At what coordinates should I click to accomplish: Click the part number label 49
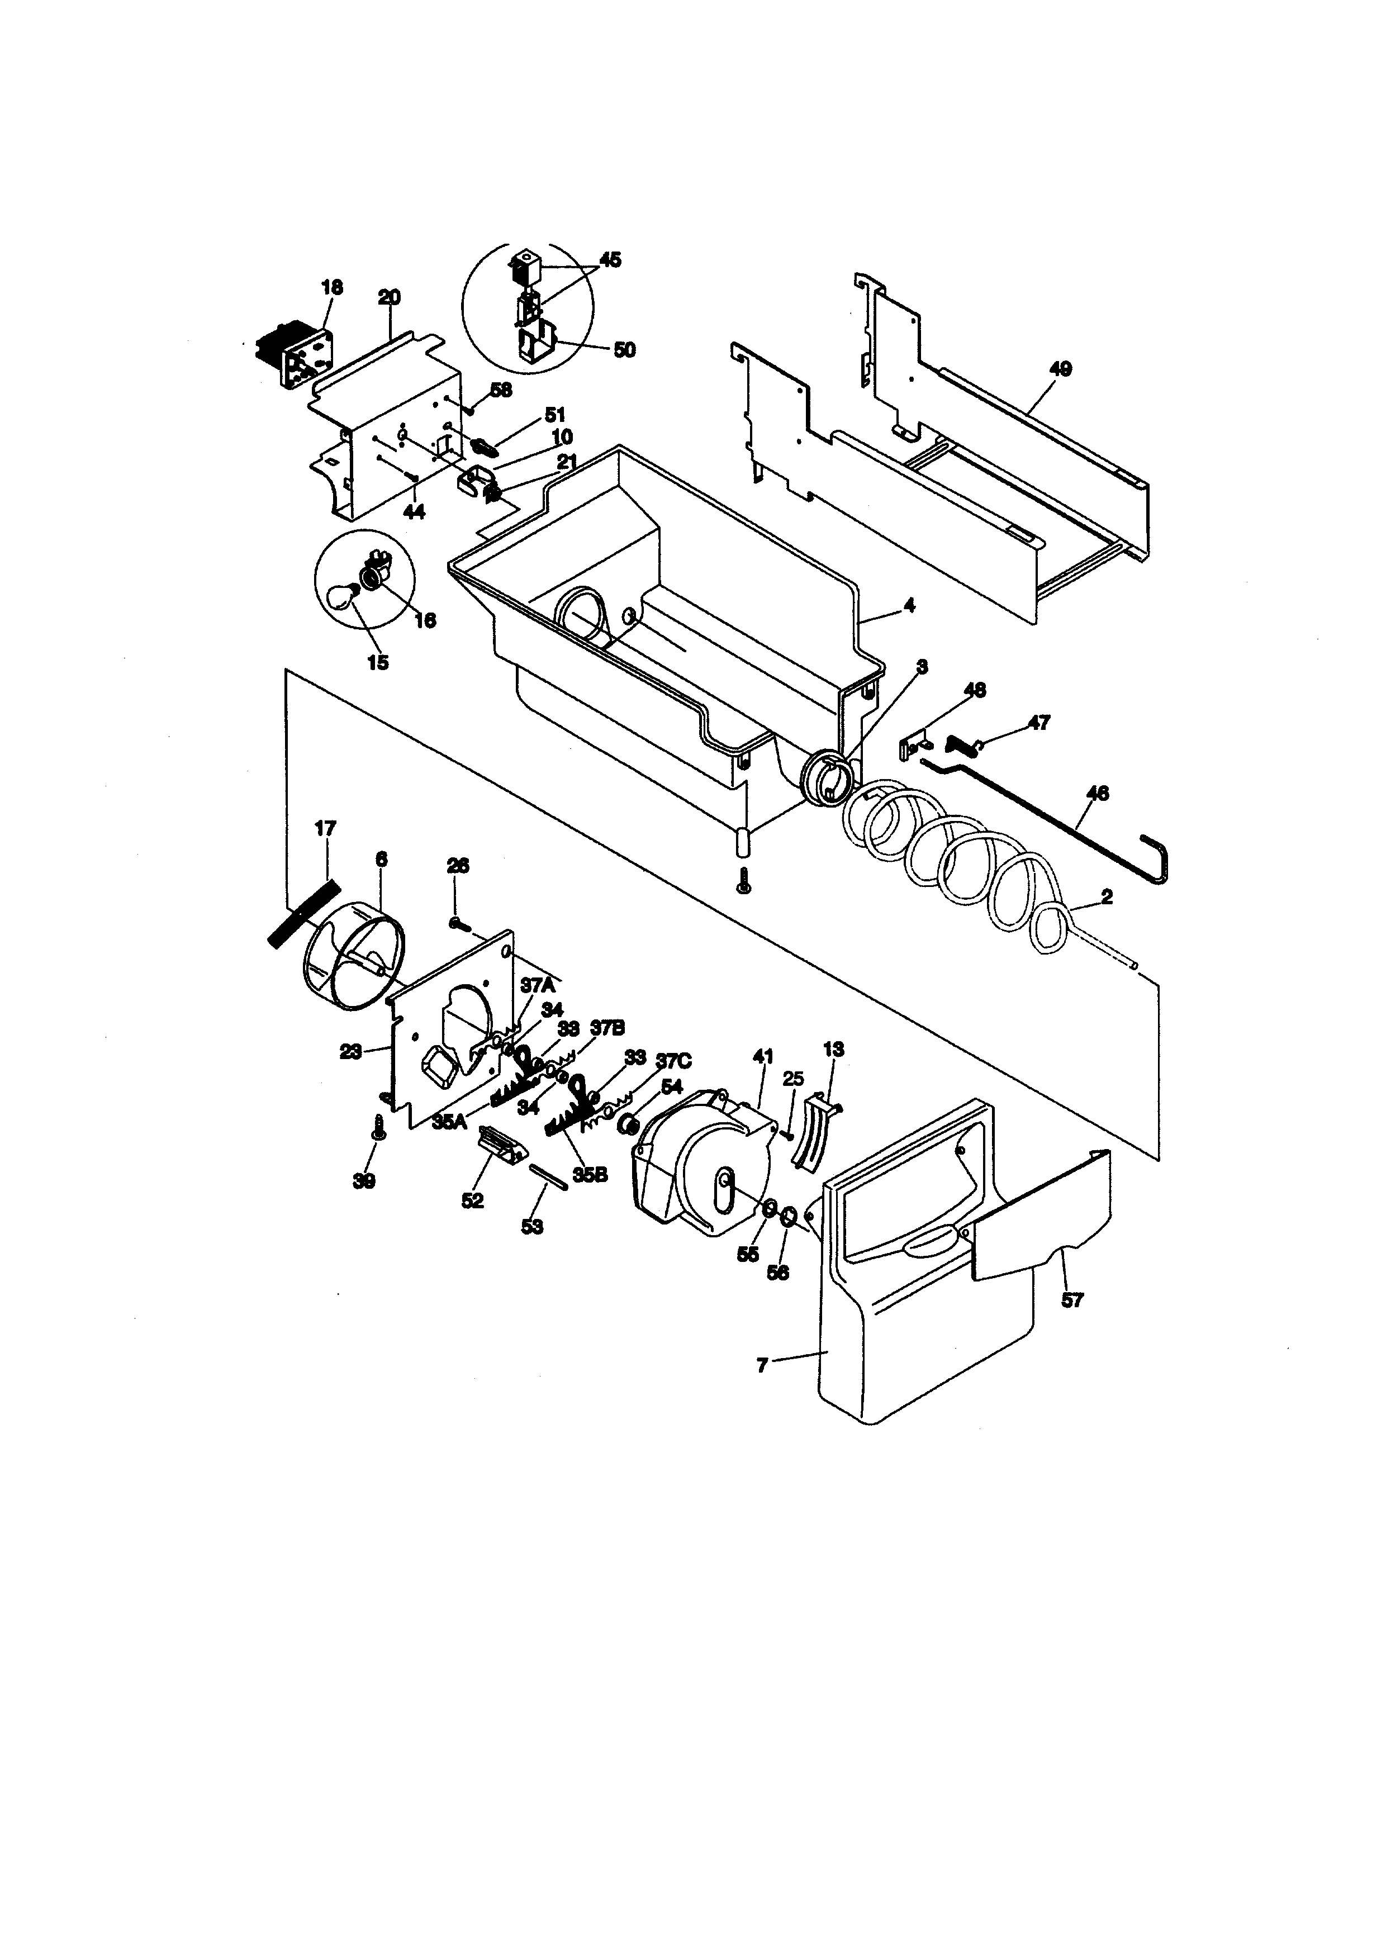click(1061, 369)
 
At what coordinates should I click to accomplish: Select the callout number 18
click(332, 288)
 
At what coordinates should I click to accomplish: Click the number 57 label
click(1072, 1300)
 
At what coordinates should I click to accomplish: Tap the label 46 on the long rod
click(1098, 793)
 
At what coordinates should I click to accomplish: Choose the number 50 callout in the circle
click(625, 350)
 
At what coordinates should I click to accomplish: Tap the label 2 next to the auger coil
click(1107, 897)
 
